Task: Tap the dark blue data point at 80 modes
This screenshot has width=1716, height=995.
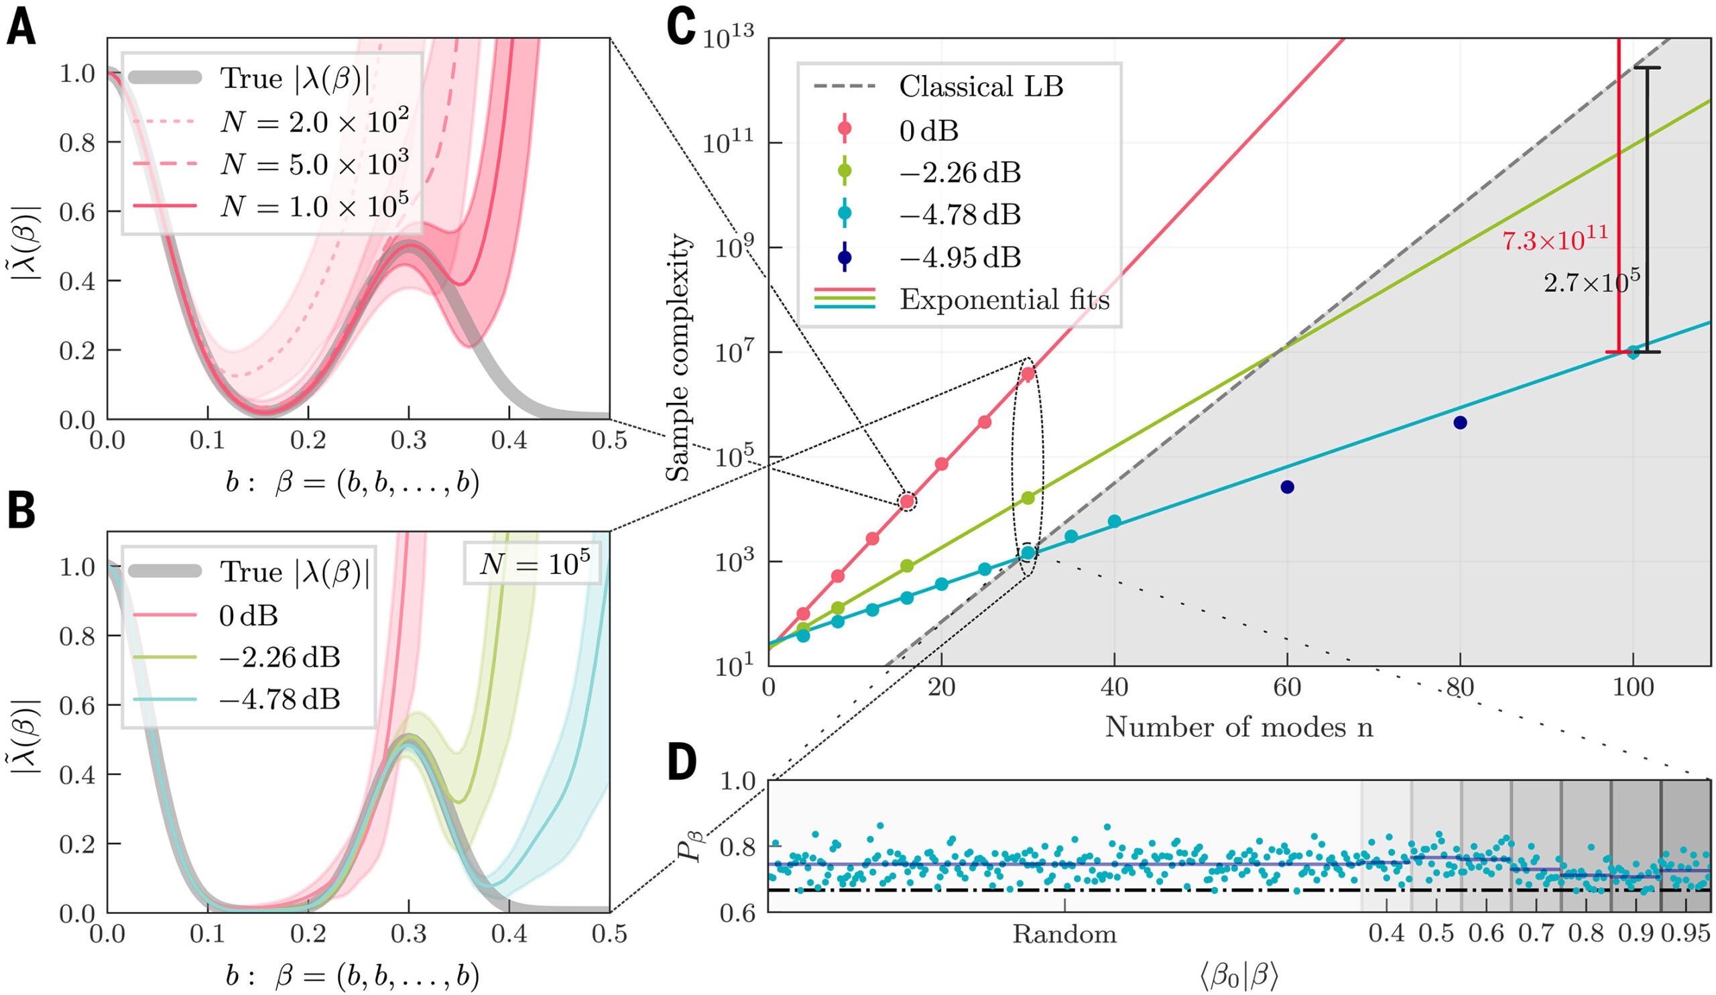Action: (x=1460, y=423)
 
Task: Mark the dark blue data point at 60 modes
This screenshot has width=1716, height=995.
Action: (x=1287, y=487)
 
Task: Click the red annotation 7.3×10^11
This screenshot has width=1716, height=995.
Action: (x=1554, y=239)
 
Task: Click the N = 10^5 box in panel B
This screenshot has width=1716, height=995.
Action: (x=532, y=563)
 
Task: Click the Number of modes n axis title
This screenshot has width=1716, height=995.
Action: (x=1239, y=727)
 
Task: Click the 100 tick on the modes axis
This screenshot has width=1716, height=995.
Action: (x=1633, y=688)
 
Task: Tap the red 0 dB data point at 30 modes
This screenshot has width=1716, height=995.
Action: (x=1028, y=373)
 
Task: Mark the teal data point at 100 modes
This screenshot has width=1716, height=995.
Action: (x=1633, y=352)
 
